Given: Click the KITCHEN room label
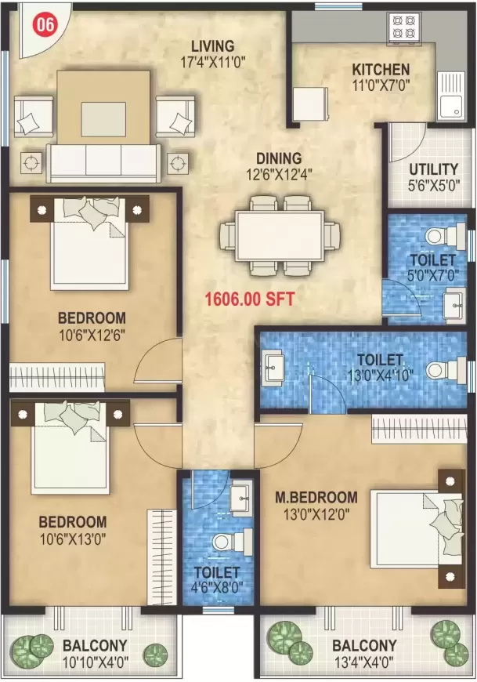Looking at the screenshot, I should pos(381,69).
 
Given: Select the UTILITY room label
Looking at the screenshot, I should pos(433,169).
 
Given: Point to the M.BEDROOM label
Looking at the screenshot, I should pos(316,497).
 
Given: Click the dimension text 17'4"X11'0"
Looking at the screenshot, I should pos(207,62).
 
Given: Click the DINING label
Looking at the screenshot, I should pos(279,159).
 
